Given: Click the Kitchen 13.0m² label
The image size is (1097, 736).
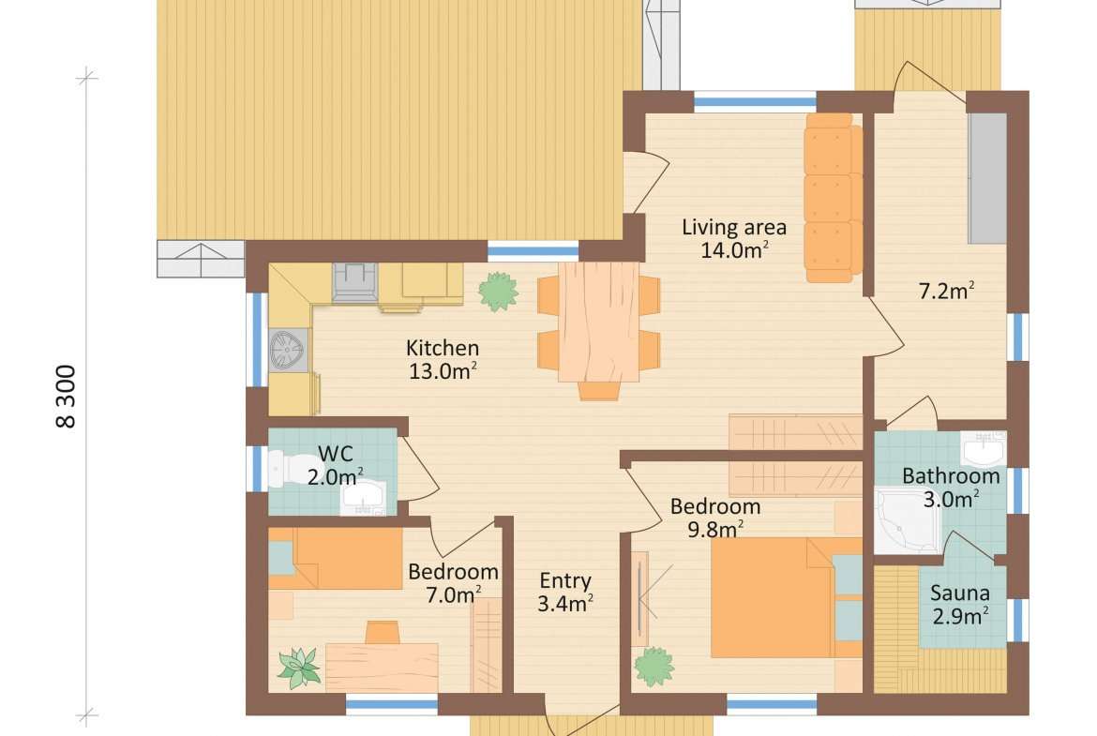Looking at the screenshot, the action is [443, 360].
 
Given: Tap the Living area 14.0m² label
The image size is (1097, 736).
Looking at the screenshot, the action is [734, 238].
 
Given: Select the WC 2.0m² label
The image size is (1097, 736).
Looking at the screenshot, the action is [336, 465].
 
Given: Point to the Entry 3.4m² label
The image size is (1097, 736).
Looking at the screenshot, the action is [565, 592].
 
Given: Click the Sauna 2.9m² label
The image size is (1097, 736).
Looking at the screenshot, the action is [960, 605].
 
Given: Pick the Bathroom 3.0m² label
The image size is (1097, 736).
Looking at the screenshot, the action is [951, 488].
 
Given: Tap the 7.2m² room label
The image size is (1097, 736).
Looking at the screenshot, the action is [947, 291].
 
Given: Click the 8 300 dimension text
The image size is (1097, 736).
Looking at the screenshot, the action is [66, 396].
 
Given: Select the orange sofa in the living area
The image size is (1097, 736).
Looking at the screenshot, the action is [833, 198].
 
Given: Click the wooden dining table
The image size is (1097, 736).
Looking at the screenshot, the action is [598, 322].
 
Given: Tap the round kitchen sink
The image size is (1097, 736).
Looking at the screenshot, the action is [288, 350].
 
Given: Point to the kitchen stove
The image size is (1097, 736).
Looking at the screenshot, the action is [354, 282].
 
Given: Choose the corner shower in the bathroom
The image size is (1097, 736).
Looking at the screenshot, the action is [907, 521].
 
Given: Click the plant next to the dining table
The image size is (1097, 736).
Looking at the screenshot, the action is [499, 291].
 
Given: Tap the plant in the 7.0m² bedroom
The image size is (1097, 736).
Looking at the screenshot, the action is [299, 668].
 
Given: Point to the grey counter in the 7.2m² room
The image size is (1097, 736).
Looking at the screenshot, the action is [987, 178].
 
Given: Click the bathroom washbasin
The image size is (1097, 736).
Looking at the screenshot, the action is [983, 448].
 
